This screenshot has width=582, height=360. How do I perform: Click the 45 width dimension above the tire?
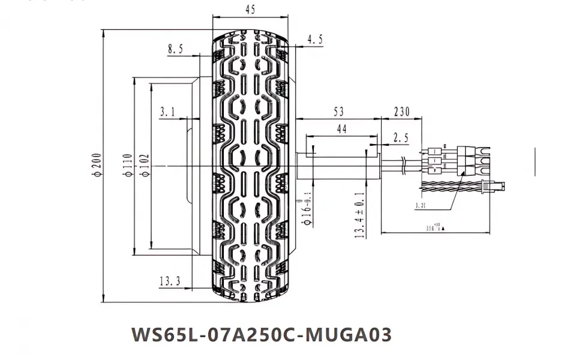coord(250,9)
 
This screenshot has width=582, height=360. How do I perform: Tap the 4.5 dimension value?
coord(315,40)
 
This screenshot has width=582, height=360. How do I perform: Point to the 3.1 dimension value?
coord(168,111)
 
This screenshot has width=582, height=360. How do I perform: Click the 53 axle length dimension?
coord(338,111)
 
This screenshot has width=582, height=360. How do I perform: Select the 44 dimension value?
coord(342,129)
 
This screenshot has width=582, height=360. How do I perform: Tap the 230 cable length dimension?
coord(401,111)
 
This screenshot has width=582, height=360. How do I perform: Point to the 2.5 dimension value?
coord(400,138)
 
